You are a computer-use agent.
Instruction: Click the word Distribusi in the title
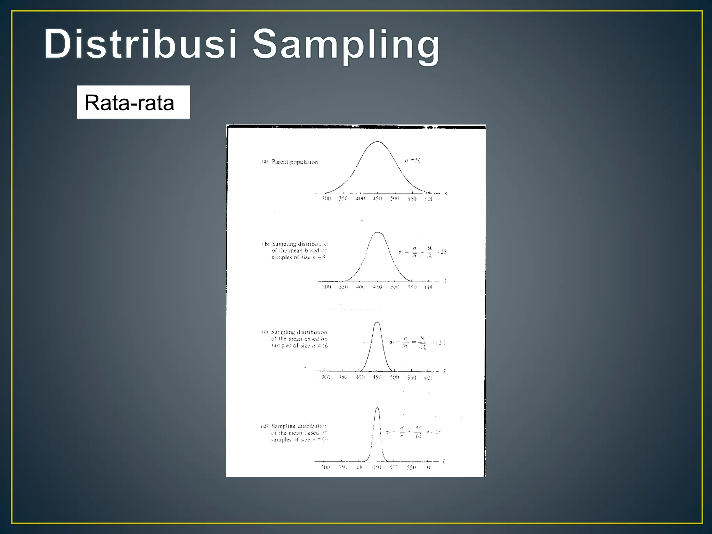click(140, 44)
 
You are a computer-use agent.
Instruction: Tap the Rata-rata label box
click(133, 102)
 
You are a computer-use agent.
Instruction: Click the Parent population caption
click(294, 162)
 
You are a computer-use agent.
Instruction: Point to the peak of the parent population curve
click(378, 142)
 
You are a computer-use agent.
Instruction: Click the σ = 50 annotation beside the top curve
click(413, 160)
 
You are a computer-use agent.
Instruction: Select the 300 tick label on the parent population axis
click(326, 199)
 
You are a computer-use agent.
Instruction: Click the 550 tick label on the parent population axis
click(412, 199)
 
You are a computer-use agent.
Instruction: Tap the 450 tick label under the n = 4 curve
click(377, 287)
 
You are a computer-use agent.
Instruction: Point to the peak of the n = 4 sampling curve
click(378, 233)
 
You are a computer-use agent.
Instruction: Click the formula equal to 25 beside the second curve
click(422, 252)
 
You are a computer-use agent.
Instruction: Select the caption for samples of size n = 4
click(299, 251)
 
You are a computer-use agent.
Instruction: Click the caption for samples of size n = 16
click(299, 339)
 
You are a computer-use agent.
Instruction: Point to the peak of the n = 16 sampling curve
click(377, 322)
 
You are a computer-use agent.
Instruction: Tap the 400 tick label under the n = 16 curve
click(360, 377)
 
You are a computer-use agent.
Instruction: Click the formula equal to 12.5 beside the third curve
click(417, 343)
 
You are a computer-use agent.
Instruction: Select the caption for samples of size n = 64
click(299, 433)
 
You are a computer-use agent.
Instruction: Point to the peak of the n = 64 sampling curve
click(377, 408)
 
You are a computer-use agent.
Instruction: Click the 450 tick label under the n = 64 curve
click(377, 467)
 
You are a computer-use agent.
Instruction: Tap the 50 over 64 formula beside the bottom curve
click(418, 432)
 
